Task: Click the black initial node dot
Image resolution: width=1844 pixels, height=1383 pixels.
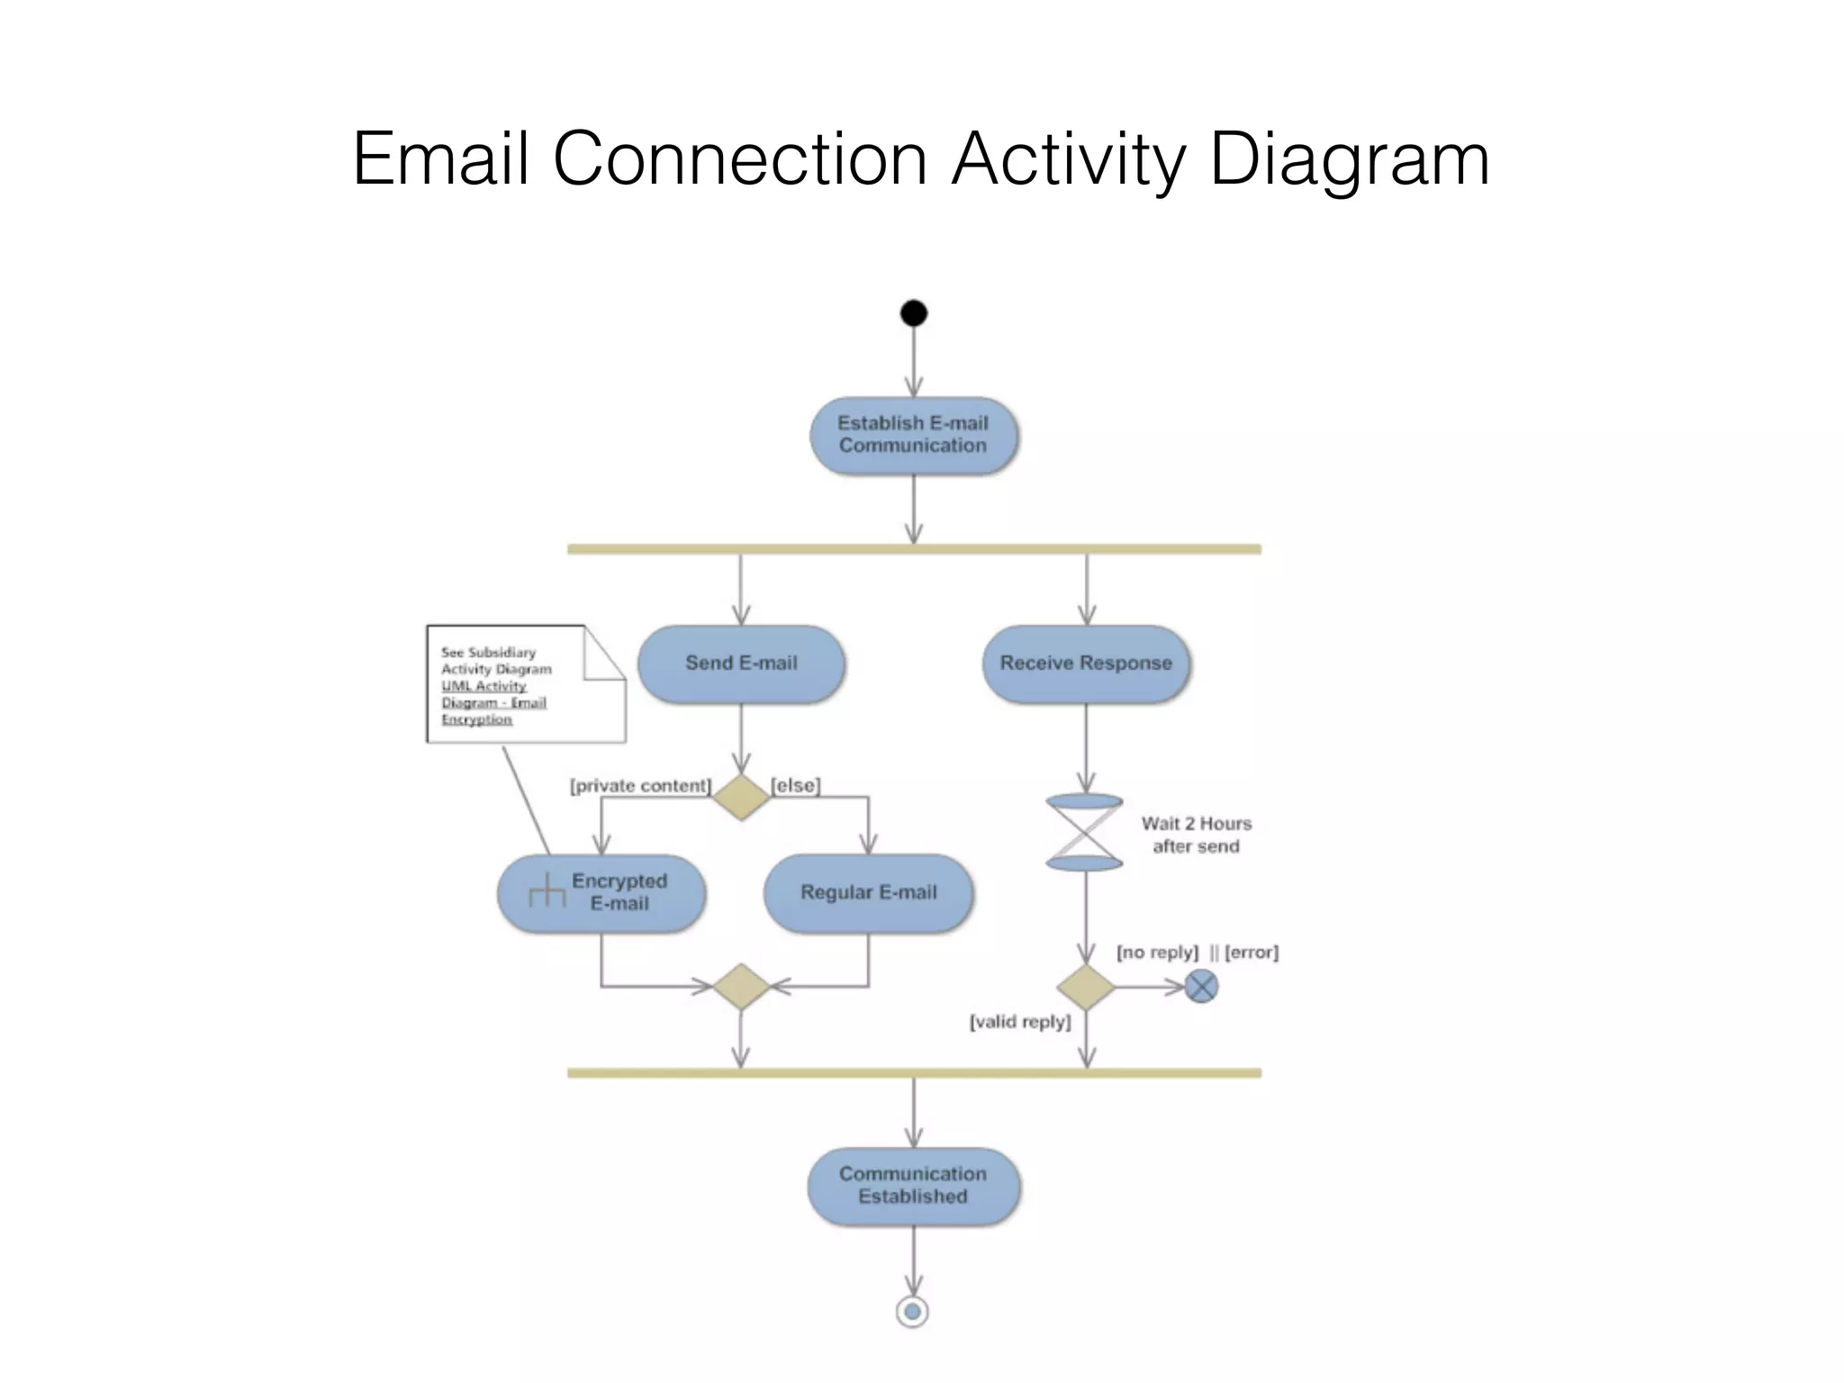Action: tap(913, 313)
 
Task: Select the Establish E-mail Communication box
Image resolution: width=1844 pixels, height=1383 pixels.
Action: tap(913, 435)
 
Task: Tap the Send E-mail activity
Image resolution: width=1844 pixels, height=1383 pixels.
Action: tap(741, 664)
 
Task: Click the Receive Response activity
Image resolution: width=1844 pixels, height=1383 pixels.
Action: tap(1086, 664)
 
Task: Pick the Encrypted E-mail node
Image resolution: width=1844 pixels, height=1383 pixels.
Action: tap(601, 892)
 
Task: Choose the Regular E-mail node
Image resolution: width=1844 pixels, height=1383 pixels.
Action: tap(868, 892)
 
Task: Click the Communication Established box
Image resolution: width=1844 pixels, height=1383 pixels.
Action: tap(913, 1186)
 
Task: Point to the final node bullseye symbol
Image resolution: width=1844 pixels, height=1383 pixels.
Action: tap(913, 1312)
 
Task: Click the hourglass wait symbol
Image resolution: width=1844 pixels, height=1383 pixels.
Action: tap(1084, 833)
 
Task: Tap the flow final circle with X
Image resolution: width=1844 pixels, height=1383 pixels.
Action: tap(1201, 987)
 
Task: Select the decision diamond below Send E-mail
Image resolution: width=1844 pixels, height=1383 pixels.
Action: tap(741, 798)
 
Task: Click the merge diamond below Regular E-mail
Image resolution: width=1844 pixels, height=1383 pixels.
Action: tap(741, 987)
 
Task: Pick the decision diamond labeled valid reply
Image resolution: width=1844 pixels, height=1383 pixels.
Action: tap(1086, 988)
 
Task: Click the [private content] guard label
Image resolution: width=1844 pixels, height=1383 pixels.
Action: tap(640, 786)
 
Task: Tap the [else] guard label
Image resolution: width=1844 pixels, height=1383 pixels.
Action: tap(796, 786)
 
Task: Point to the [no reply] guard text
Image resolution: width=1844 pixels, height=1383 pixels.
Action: tap(1157, 953)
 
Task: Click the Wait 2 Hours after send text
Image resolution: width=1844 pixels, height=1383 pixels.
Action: tap(1196, 835)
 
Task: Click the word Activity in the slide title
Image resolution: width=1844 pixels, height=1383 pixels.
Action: tap(1069, 159)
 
